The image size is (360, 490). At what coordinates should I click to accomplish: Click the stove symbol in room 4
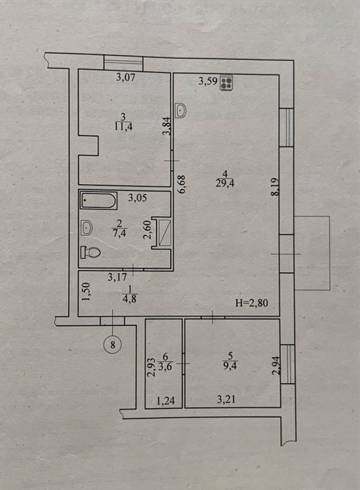click(226, 83)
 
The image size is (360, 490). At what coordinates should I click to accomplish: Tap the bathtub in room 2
click(99, 200)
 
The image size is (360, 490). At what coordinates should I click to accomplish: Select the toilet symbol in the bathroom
click(90, 252)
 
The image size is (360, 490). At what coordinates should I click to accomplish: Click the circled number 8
click(113, 344)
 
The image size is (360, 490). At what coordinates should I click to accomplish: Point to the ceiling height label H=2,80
click(251, 303)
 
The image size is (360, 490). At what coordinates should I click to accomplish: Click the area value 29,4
click(225, 183)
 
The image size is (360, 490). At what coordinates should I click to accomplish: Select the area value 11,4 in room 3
click(123, 127)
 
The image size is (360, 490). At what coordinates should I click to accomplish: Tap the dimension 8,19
click(275, 187)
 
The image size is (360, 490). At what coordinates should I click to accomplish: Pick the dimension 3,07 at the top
click(126, 77)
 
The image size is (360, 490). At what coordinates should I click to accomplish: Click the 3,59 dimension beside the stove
click(208, 81)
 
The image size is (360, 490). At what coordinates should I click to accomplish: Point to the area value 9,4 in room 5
click(231, 365)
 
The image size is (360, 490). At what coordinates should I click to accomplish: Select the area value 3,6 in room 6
click(165, 366)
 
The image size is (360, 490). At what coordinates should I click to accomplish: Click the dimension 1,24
click(165, 400)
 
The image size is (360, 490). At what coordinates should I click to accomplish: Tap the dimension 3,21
click(226, 399)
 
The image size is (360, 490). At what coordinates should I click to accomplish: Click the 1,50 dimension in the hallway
click(87, 292)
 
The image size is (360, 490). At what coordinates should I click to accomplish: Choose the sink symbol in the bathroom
click(86, 227)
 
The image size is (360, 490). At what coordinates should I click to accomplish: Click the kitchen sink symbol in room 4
click(181, 111)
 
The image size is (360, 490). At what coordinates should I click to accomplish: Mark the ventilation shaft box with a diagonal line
click(165, 233)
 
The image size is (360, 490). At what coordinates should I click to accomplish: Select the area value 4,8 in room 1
click(130, 299)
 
